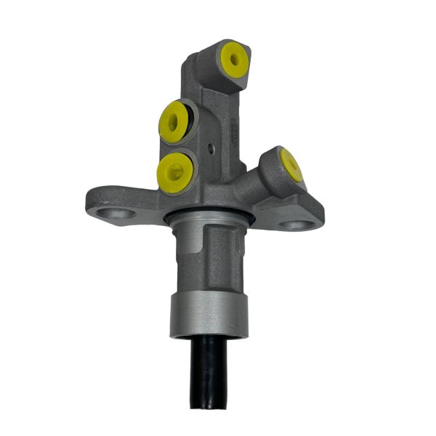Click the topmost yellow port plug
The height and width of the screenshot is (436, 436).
(234, 60)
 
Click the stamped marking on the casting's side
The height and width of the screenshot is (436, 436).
(235, 134)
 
